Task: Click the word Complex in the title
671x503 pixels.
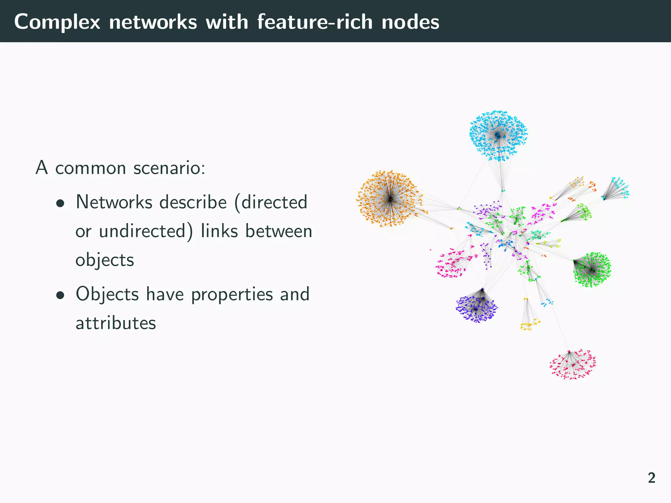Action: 57,22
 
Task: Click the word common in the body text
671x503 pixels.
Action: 90,168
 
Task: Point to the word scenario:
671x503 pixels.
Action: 169,168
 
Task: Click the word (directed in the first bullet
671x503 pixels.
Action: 271,202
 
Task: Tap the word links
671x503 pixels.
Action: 219,231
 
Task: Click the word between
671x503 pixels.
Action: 278,231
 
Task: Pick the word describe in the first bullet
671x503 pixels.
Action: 193,202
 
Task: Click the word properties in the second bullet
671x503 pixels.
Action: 232,294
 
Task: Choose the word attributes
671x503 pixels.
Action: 116,323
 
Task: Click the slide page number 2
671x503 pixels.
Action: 651,478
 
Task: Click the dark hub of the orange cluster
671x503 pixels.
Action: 390,199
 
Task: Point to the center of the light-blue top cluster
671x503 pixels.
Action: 498,136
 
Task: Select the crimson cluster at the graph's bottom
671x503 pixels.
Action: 573,364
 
